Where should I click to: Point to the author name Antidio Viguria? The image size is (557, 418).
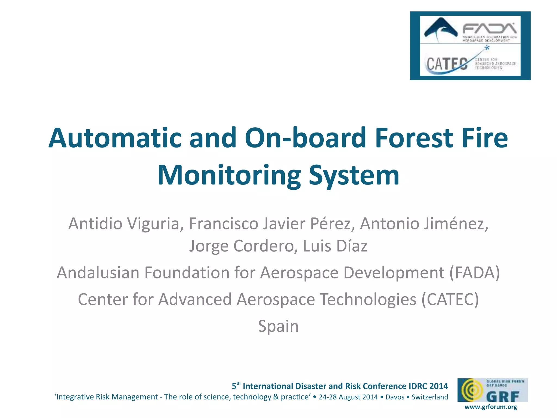[124, 224]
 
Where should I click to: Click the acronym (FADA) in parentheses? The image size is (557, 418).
[475, 273]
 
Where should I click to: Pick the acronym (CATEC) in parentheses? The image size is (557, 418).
[450, 299]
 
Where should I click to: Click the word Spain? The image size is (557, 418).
[278, 326]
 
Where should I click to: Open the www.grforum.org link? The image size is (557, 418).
[491, 407]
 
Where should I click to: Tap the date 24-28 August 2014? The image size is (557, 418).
[348, 397]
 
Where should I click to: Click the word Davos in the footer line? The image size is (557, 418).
[395, 397]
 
